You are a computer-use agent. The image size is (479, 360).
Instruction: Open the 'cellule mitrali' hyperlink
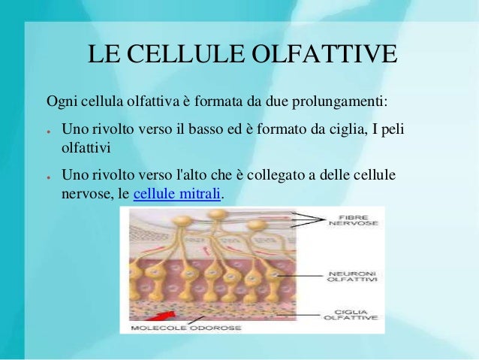tap(177, 195)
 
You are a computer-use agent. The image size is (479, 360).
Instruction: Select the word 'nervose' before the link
tap(83, 195)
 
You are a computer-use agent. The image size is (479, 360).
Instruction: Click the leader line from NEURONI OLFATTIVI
tap(300, 275)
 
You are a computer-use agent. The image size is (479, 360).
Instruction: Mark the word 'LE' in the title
tap(103, 56)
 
